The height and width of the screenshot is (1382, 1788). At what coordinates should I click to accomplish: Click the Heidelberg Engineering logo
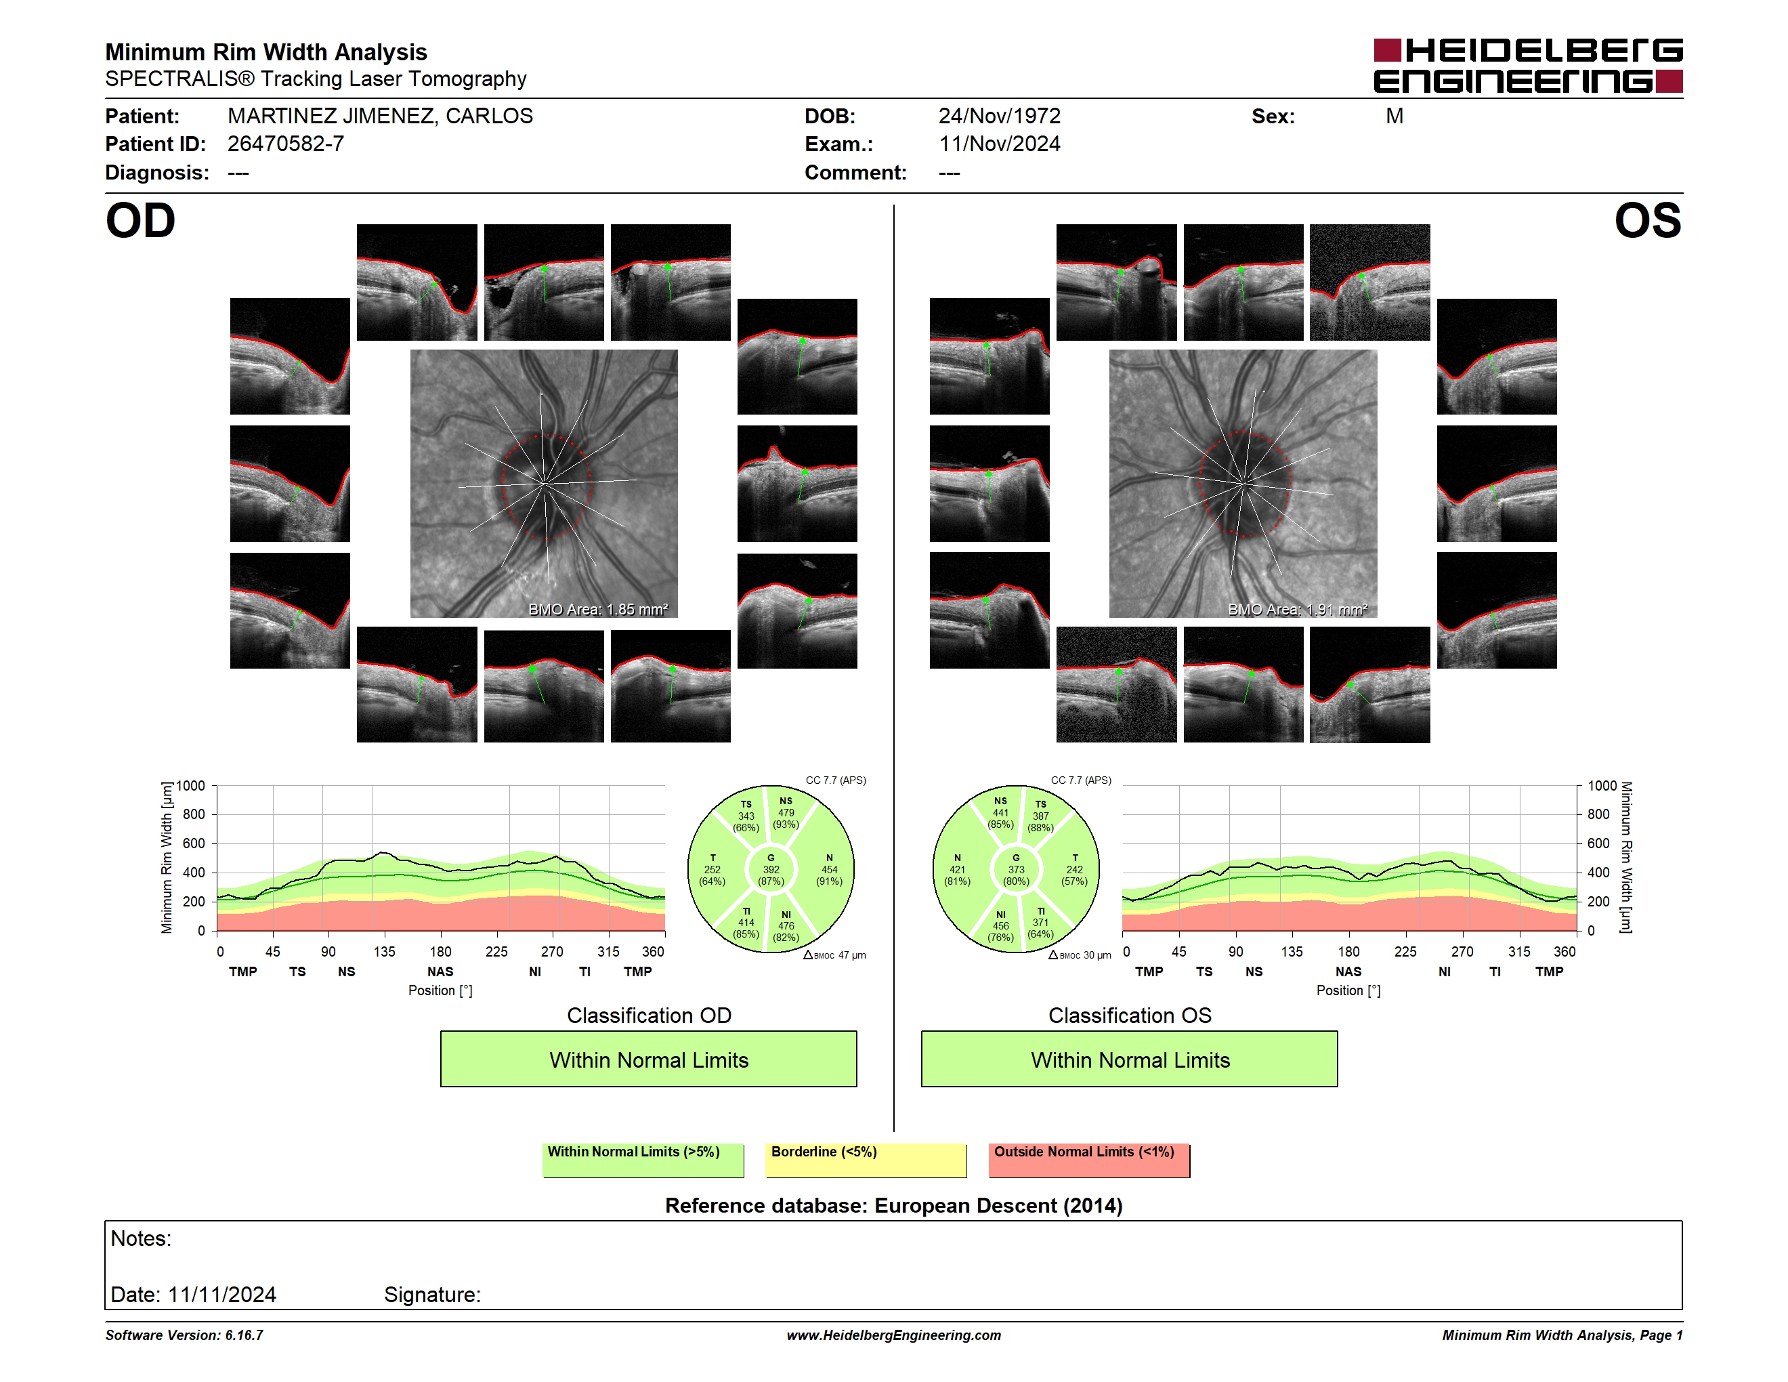point(1528,66)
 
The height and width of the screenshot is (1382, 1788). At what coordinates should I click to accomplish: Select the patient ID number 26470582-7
point(286,144)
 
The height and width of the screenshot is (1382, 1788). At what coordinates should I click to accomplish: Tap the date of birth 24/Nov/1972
point(999,117)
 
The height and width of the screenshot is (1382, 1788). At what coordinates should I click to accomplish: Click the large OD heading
point(140,221)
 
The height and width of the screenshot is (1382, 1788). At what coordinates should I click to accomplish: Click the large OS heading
point(1647,221)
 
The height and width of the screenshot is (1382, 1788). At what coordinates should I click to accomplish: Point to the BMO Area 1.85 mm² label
point(597,609)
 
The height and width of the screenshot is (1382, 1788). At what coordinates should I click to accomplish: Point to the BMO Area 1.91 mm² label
point(1297,609)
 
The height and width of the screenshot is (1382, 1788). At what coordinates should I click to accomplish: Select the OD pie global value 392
point(770,869)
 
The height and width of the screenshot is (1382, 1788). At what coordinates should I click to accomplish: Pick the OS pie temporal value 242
point(1074,869)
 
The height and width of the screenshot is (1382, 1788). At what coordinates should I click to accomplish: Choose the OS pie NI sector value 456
point(1000,926)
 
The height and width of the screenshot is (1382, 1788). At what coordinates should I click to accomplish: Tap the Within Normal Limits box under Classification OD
point(648,1060)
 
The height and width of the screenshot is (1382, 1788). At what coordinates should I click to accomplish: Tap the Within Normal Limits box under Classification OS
point(1130,1060)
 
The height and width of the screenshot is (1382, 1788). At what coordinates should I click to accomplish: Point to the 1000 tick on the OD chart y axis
point(191,786)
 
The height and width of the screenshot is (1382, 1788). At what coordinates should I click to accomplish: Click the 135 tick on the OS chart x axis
point(1292,951)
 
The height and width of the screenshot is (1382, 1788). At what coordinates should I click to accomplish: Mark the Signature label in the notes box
point(432,1295)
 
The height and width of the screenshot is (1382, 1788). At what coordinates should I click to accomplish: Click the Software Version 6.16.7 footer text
point(184,1335)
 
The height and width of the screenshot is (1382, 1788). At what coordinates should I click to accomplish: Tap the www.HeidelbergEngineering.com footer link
point(894,1335)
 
